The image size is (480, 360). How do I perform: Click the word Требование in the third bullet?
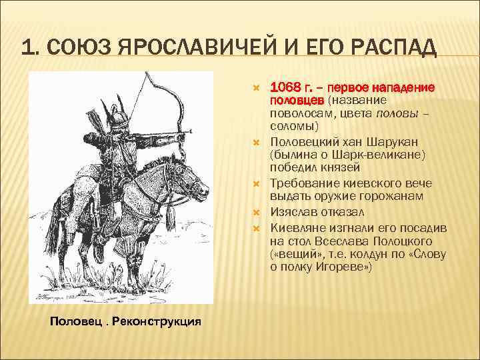303,184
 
